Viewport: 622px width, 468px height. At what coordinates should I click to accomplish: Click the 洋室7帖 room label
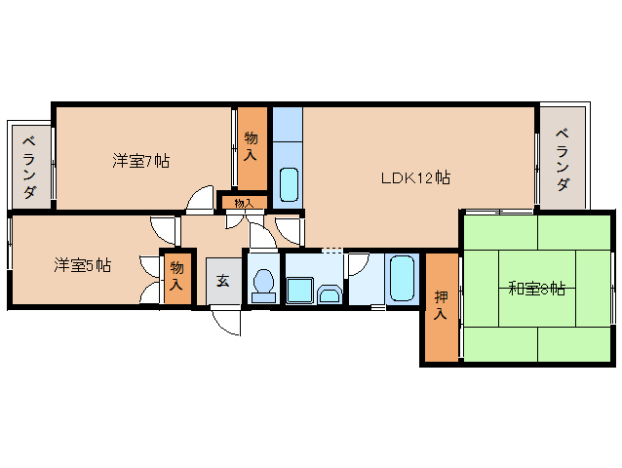pos(140,161)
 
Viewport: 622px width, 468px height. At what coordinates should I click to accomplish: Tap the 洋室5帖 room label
pos(82,265)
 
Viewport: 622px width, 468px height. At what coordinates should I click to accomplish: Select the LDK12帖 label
pos(414,178)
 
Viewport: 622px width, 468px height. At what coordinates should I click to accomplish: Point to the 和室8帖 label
pos(536,289)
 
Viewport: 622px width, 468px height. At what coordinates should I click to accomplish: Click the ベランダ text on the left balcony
pos(30,166)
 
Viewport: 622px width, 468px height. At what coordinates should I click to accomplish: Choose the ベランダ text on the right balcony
pos(563,160)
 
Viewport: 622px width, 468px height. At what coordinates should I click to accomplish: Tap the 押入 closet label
pos(441,307)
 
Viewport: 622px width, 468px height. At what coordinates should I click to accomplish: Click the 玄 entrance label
pos(222,281)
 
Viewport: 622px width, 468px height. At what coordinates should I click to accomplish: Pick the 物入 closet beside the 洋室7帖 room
pos(251,146)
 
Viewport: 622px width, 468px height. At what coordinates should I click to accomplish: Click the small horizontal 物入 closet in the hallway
pos(243,203)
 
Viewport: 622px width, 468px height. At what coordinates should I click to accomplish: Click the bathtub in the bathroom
pos(403,280)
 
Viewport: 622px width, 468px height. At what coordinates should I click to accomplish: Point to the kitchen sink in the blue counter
pos(289,182)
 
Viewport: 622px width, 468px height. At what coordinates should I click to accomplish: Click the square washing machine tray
pos(299,292)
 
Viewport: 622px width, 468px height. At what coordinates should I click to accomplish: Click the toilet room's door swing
pos(260,234)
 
